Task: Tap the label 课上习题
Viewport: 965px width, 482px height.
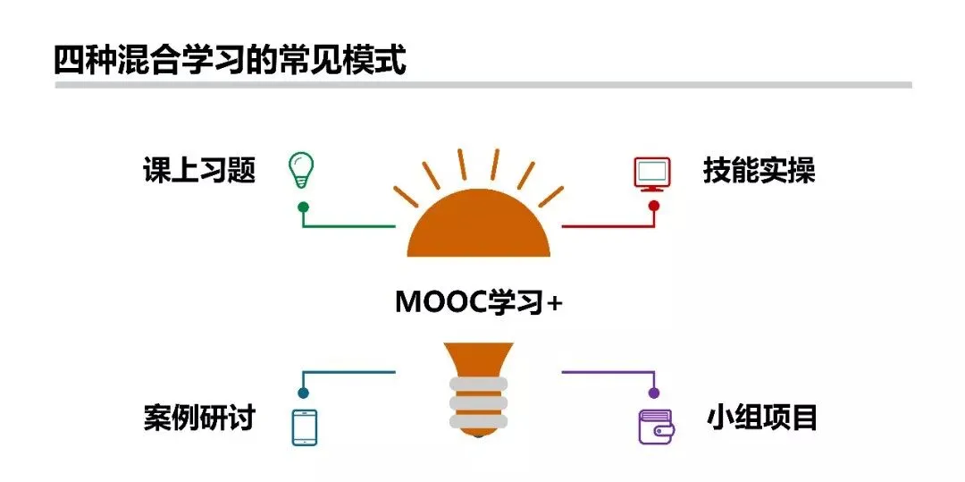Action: tap(199, 170)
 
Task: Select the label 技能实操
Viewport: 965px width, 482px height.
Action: tap(759, 170)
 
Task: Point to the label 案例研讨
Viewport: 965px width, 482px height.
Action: tap(199, 417)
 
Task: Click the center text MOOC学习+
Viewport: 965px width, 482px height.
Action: tap(479, 303)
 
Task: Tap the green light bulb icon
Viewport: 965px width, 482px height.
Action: tap(301, 170)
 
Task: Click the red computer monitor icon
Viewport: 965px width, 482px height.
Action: tap(652, 173)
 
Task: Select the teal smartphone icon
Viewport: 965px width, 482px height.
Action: tap(305, 427)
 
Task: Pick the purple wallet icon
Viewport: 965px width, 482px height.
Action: tap(657, 427)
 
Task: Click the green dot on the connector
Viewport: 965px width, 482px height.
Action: tap(303, 207)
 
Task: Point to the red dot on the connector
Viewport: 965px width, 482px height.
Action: tap(654, 206)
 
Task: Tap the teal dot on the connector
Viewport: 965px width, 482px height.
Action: tap(303, 393)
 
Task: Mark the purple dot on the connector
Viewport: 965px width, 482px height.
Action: tap(654, 393)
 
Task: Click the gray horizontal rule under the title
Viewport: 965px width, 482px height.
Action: tap(482, 85)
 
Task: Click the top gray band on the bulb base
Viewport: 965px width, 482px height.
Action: tap(478, 385)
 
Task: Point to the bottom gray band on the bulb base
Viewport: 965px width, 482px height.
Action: tap(478, 420)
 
